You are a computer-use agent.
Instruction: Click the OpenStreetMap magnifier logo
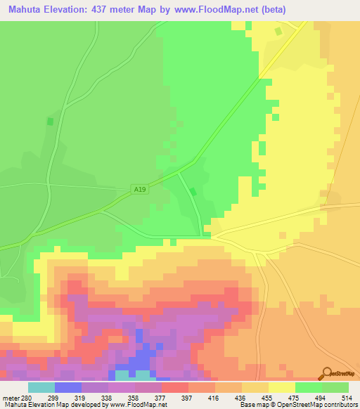328,373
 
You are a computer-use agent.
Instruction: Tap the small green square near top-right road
278,31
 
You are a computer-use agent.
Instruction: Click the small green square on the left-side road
49,122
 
